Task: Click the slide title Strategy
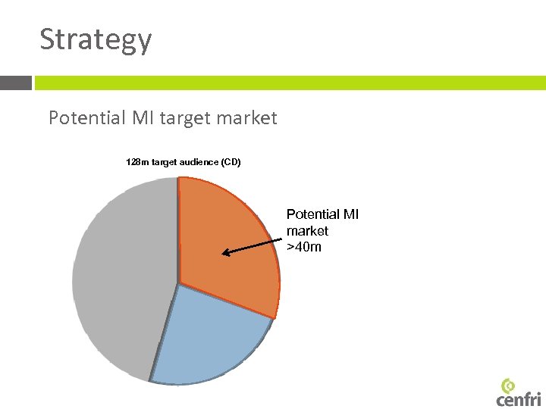96,39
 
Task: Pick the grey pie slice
121,280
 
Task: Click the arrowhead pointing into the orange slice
226,253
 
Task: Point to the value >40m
304,246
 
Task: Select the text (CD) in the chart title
230,161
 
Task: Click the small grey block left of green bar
16,83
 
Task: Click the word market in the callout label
307,230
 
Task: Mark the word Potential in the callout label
312,214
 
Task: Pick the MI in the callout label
351,214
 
